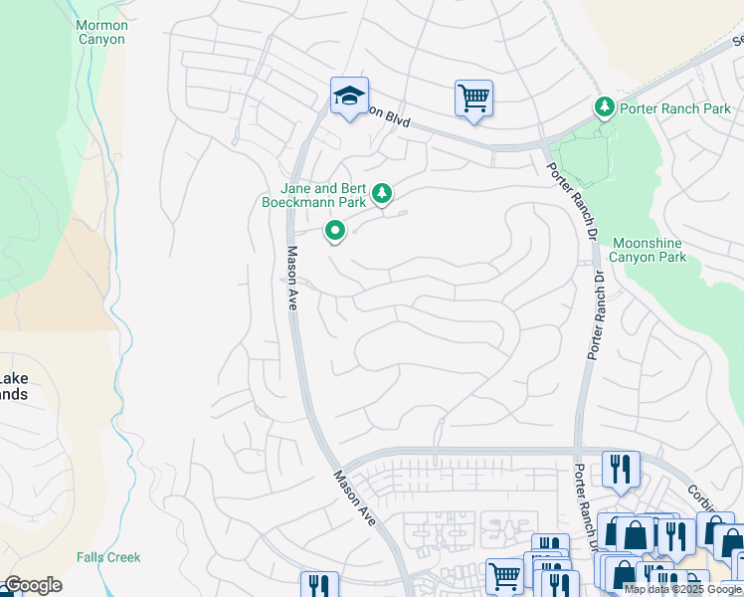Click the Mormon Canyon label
pos(101,31)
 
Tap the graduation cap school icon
pos(349,97)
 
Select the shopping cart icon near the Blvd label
pos(473,99)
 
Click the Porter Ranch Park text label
pos(675,108)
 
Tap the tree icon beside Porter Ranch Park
pos(604,106)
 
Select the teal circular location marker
pos(335,232)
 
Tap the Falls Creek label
pos(108,557)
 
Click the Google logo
pos(32,585)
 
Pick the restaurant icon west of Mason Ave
pos(318,585)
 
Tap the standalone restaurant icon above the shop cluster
pos(621,469)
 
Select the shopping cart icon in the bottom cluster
pos(504,575)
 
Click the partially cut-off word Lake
pos(13,378)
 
